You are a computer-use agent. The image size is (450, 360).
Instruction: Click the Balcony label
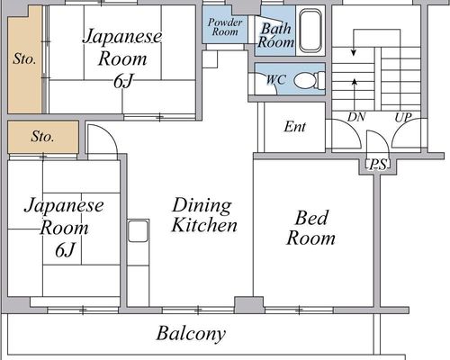click(x=191, y=333)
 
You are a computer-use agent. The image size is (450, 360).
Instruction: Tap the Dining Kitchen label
click(x=204, y=215)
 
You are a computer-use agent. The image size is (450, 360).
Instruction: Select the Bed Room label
click(x=310, y=228)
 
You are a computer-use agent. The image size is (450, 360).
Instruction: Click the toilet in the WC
click(x=309, y=80)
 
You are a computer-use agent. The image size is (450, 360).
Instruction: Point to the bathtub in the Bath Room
click(x=310, y=31)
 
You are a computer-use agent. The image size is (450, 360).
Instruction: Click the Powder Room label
click(x=225, y=27)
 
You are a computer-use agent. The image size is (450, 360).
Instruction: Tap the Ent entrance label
click(x=295, y=127)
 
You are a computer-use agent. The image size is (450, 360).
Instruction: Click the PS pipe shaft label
click(x=378, y=165)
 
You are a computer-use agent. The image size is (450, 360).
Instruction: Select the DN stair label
click(x=356, y=117)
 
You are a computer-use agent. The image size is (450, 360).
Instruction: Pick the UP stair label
click(x=403, y=117)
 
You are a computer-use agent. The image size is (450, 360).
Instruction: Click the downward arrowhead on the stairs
click(x=354, y=53)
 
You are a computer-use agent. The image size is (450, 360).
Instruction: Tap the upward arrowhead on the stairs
click(x=355, y=81)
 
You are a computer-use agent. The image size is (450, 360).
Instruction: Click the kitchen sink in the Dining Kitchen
click(x=138, y=230)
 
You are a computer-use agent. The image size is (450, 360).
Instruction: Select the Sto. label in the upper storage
click(x=24, y=59)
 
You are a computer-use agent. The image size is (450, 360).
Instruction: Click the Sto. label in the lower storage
click(x=42, y=137)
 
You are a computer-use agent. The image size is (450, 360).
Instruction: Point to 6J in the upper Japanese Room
click(x=122, y=81)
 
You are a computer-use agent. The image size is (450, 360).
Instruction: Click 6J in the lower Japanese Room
click(x=65, y=249)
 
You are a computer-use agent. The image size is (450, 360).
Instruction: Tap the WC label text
click(x=276, y=79)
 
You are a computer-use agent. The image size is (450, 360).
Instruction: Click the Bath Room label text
click(x=276, y=35)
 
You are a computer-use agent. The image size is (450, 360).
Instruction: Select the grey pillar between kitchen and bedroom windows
click(x=249, y=305)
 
